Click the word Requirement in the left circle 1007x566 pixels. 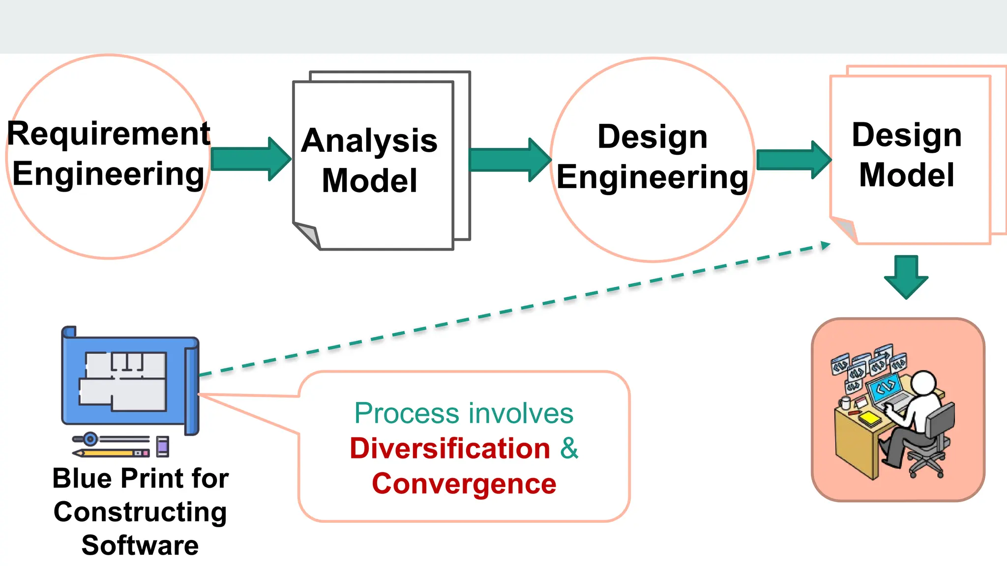point(109,134)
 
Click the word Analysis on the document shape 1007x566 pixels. point(369,141)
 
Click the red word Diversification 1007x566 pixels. point(450,449)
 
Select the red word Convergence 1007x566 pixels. point(464,484)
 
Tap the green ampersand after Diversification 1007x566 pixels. point(569,448)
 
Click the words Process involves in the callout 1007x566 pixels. point(464,413)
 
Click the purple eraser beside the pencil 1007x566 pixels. point(163,447)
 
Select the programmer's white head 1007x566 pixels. point(924,383)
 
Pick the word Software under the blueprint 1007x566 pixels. point(140,545)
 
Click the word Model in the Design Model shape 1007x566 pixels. point(906,175)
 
